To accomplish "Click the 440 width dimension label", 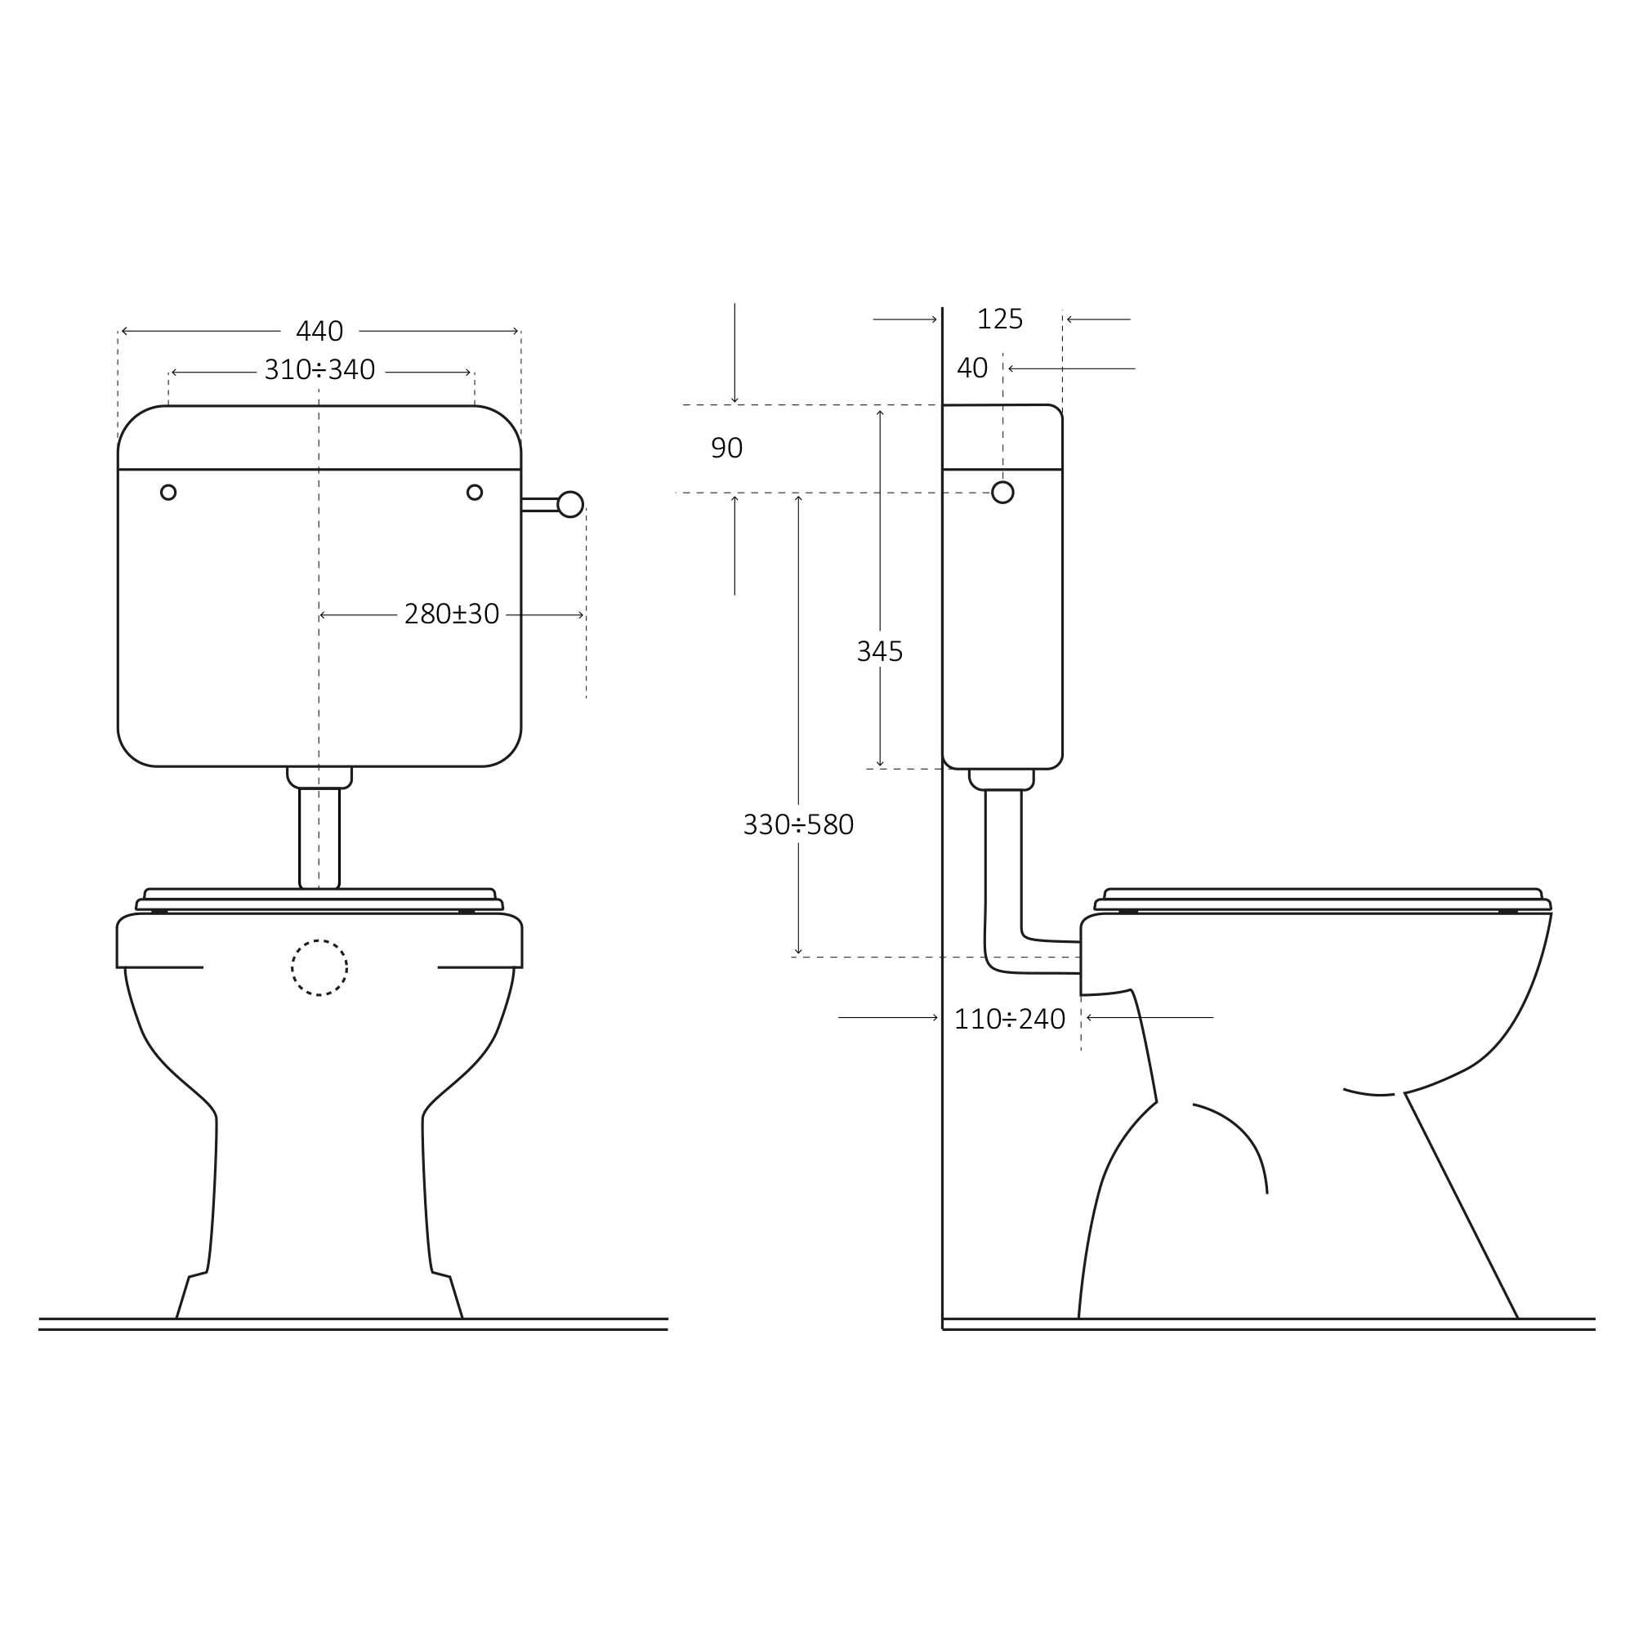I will [319, 332].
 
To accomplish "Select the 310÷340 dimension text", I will [319, 370].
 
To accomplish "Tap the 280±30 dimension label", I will [451, 615].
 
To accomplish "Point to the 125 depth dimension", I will [999, 319].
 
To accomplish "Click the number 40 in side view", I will [971, 368].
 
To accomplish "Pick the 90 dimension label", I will [725, 449].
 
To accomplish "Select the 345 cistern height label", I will [879, 652].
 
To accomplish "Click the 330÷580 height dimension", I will [797, 824].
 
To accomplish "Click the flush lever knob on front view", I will [570, 504].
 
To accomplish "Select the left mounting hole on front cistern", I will [168, 492].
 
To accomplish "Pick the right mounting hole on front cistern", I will [475, 492].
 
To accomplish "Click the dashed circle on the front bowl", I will [319, 967].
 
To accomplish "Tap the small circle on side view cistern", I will [1002, 492].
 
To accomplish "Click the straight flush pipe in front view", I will [319, 837].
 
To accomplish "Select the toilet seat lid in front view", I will [319, 895].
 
